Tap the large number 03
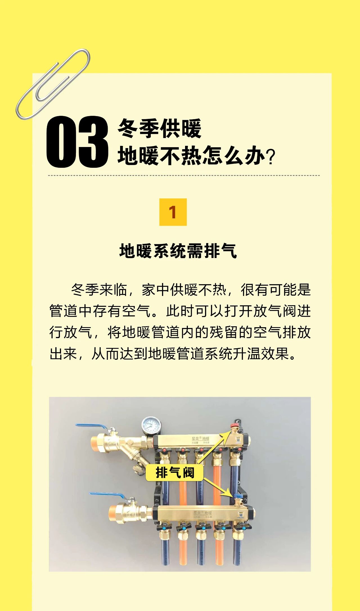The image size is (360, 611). (77, 142)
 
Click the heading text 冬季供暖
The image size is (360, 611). (159, 128)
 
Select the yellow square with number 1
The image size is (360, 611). (173, 212)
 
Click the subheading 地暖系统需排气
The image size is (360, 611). (178, 251)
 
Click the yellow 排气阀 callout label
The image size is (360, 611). (175, 472)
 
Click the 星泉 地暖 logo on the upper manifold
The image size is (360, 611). (200, 439)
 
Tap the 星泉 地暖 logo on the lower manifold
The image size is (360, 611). (202, 513)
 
